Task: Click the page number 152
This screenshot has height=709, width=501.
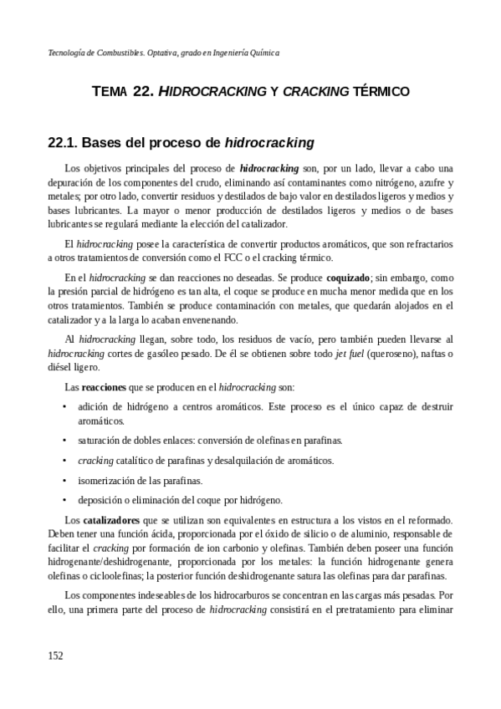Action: click(55, 655)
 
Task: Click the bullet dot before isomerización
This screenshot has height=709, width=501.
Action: click(65, 481)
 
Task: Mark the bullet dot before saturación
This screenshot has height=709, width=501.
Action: click(65, 440)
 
